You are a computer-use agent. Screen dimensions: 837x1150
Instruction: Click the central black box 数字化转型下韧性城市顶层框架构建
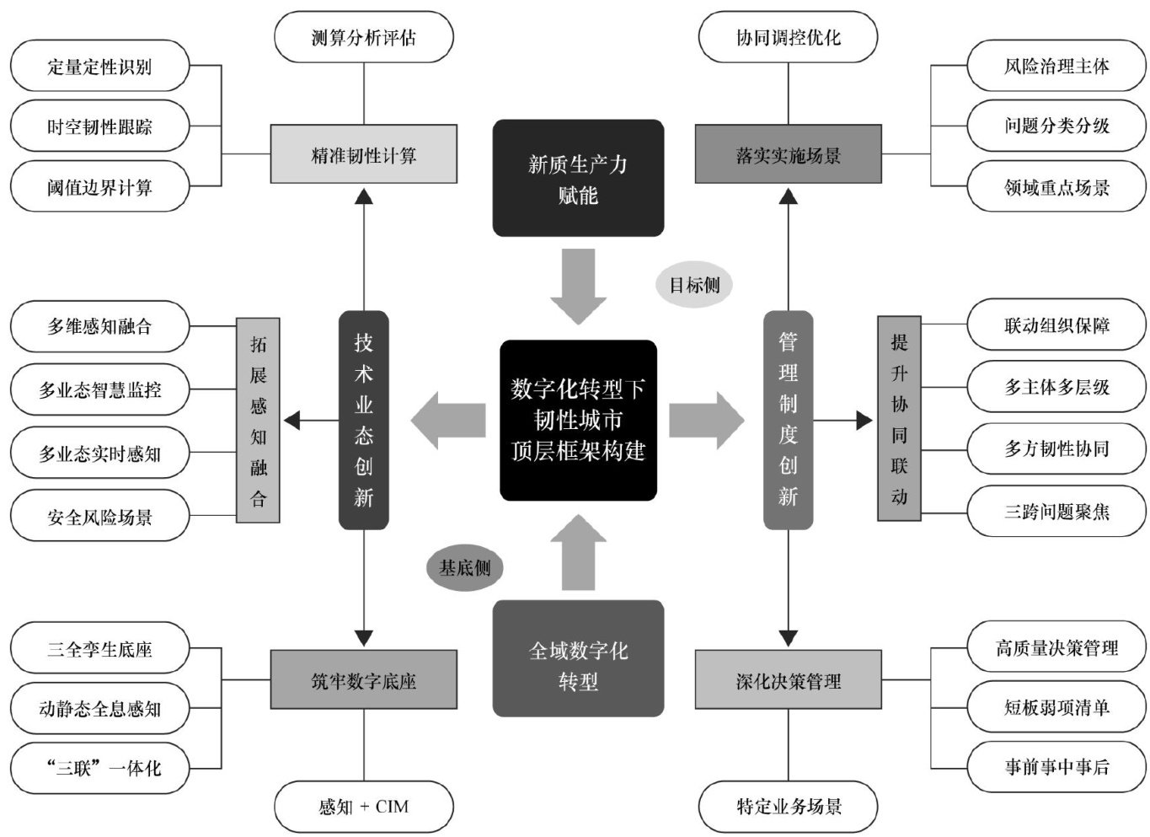coord(578,420)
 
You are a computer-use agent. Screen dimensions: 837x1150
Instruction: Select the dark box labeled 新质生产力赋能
coord(578,178)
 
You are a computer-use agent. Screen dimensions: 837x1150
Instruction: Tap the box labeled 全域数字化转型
coord(578,665)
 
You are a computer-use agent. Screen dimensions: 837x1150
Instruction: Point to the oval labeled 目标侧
coord(694,285)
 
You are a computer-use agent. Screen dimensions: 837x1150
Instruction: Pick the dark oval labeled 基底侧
coord(464,567)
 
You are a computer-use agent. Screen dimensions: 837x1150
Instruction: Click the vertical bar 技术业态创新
coord(363,420)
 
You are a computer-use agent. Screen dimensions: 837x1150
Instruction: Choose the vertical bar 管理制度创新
coord(788,420)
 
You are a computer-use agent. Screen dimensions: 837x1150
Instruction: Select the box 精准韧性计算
coord(363,155)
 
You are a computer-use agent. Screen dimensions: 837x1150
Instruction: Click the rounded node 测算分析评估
coord(363,38)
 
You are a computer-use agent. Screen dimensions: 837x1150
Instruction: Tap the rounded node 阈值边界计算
coord(99,187)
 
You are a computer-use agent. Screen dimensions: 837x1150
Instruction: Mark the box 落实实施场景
coord(788,155)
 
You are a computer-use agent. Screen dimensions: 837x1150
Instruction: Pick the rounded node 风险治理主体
coord(1056,66)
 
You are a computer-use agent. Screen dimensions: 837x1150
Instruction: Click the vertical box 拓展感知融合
coord(258,420)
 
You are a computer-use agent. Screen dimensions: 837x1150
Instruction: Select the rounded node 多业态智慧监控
coord(99,390)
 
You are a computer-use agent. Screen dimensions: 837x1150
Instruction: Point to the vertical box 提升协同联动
coord(899,419)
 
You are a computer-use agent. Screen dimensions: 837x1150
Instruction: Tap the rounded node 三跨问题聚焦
coord(1056,511)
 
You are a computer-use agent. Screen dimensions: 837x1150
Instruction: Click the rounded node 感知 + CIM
coord(363,807)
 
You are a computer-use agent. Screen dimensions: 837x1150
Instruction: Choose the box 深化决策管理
coord(788,680)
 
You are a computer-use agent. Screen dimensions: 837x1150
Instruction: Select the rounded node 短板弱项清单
coord(1056,707)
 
